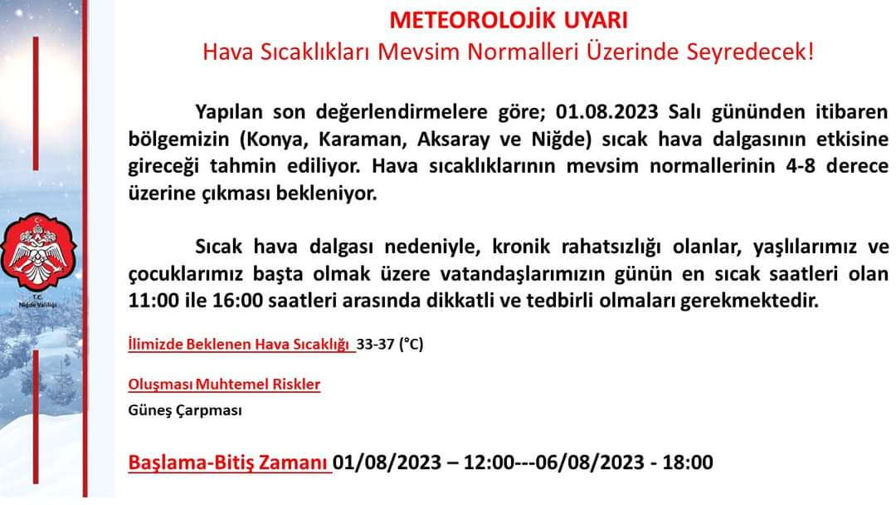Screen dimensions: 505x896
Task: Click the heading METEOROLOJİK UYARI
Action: pos(509,19)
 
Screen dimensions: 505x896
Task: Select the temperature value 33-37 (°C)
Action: pos(390,344)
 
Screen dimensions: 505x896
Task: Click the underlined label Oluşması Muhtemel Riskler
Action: pos(224,385)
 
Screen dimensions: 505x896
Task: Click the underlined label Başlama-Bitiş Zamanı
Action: pos(229,462)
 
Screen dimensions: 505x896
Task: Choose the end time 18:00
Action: pos(687,462)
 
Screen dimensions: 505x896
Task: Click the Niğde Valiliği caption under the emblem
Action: pos(39,302)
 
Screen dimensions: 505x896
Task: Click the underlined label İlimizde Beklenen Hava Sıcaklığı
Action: pos(240,344)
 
